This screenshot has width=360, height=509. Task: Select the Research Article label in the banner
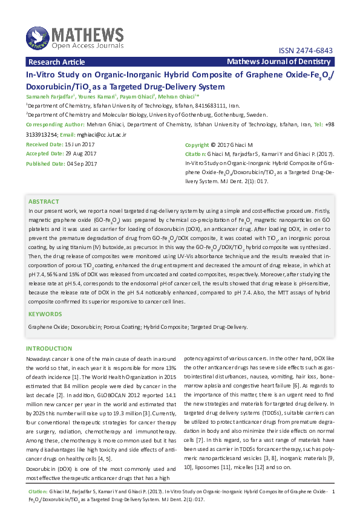(x=57, y=62)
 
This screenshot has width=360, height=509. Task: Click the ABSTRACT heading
(x=44, y=201)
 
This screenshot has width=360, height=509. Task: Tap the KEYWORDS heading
(x=45, y=314)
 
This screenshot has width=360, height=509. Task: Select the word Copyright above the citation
(x=197, y=145)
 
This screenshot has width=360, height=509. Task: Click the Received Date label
(x=44, y=144)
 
